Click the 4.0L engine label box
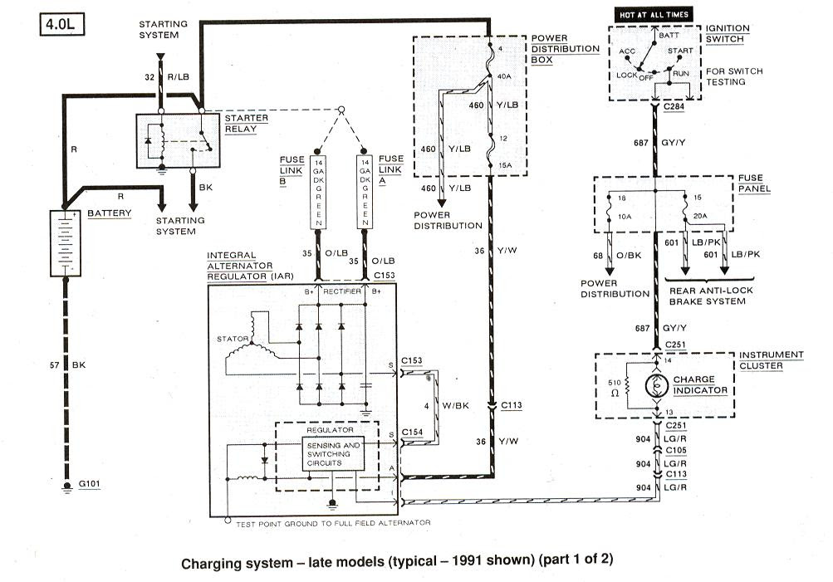click(61, 26)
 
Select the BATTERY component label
click(110, 213)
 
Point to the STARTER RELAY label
click(247, 124)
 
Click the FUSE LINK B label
click(295, 170)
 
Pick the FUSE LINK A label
click(390, 170)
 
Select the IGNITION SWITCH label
click(727, 34)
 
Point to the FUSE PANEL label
click(754, 183)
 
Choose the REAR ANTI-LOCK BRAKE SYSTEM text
click(707, 296)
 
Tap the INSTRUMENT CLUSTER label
click(771, 360)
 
